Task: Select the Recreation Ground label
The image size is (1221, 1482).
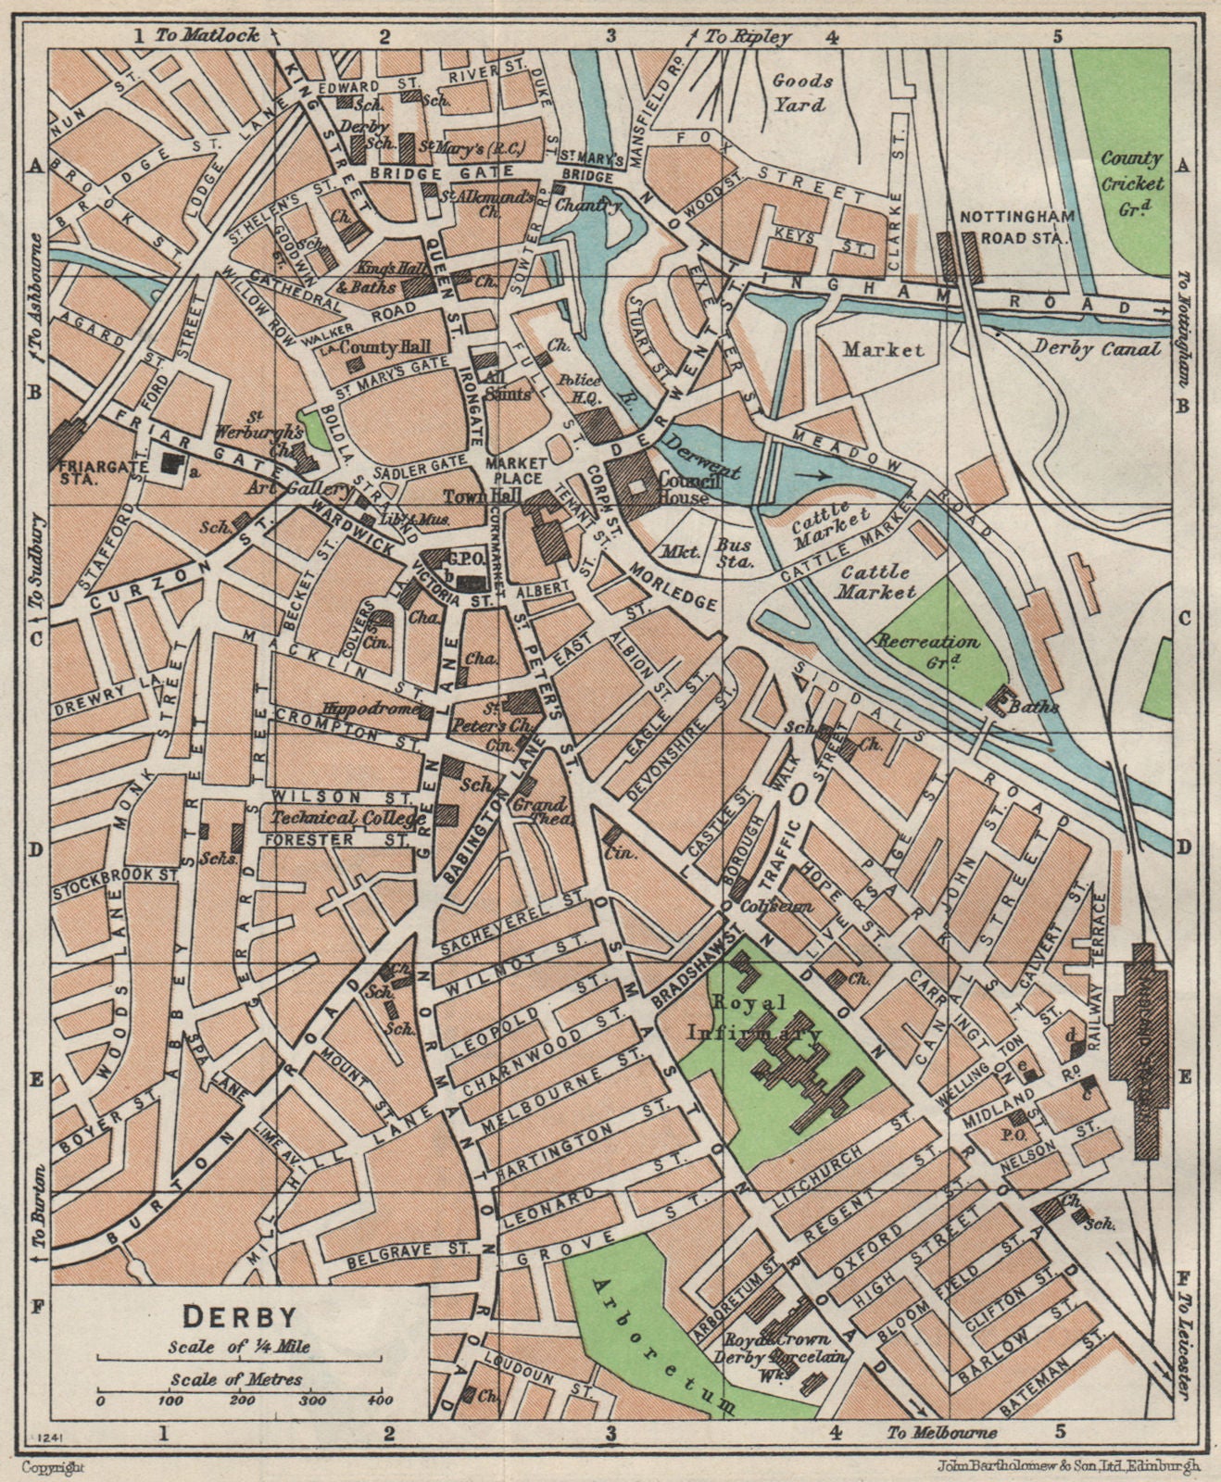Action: coord(927,650)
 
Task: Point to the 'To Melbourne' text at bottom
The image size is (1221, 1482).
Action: coord(940,1433)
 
